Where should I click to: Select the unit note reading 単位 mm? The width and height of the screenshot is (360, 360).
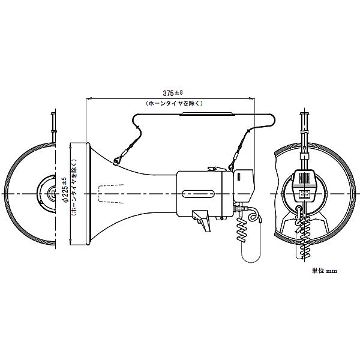pos(324,271)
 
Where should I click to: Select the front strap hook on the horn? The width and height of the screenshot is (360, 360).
pos(117,159)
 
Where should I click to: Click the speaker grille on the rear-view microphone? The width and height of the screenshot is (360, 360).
pos(305,179)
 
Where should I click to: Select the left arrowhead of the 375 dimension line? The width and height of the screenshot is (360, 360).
pos(89,98)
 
